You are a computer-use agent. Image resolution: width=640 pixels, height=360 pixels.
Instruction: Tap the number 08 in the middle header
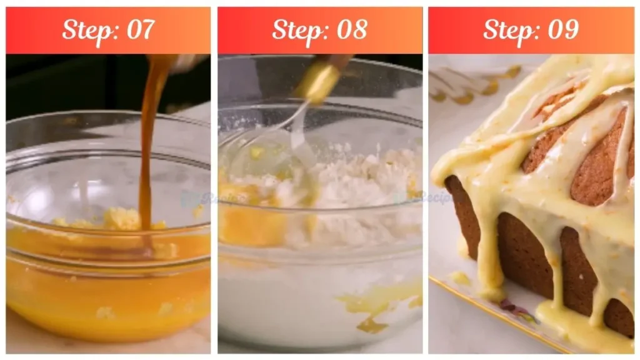tap(351, 29)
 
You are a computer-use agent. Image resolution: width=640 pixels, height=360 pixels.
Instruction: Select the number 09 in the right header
tap(562, 29)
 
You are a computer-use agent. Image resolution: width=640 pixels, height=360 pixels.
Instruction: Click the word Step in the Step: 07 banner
tap(86, 29)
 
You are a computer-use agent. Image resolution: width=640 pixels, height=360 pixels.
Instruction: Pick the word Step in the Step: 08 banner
tap(297, 29)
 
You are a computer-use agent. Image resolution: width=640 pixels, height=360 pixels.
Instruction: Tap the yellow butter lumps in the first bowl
tap(122, 218)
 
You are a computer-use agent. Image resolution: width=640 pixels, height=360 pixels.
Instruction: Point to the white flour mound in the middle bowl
tap(362, 187)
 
